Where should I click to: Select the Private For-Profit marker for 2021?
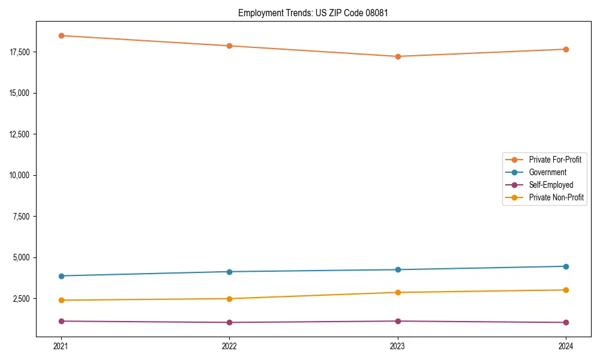tap(61, 35)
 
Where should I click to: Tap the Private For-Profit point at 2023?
tap(398, 56)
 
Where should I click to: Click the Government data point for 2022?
tap(229, 272)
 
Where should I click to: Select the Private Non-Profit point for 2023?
tap(398, 292)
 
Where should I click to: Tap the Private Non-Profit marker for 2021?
tap(61, 300)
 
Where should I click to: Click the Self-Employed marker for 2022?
tap(229, 322)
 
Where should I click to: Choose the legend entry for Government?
tap(547, 172)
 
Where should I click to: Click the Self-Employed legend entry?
tap(551, 185)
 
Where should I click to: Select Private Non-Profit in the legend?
tap(556, 197)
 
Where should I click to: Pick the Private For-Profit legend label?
tap(555, 160)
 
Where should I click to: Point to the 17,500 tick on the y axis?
tap(22, 52)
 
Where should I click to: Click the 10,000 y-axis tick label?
tap(22, 175)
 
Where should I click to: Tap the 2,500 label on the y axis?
tap(24, 299)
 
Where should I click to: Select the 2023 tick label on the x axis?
tap(398, 346)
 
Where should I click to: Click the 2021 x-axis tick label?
tap(61, 346)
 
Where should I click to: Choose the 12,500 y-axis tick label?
tap(22, 134)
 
